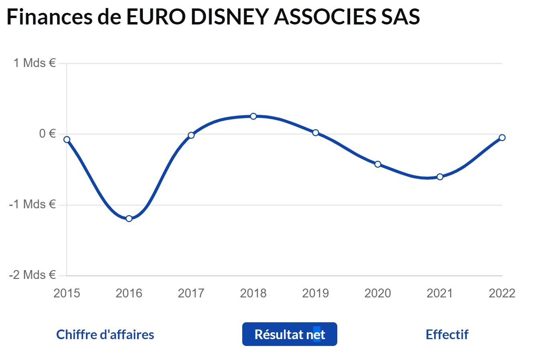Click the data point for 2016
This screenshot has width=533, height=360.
pos(129,218)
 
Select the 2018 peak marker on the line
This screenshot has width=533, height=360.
pos(253,116)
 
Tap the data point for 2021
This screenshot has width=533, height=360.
pos(440,177)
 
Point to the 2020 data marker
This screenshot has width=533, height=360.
pos(378,164)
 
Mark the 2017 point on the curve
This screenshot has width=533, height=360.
pos(191,135)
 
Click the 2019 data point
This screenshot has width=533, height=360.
pos(316,133)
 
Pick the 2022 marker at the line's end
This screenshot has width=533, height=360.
pos(502,138)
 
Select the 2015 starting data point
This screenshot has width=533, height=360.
pos(67,140)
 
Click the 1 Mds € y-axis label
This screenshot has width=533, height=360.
pos(34,63)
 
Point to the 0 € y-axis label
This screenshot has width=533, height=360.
pos(47,134)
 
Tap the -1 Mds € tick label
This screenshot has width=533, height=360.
pos(32,204)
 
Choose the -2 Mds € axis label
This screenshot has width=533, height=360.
pos(32,275)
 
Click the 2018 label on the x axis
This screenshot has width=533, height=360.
pos(253,293)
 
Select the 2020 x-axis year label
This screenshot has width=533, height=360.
pos(378,293)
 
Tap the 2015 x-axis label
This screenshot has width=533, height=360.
pos(67,293)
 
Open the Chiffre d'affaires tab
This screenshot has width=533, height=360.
pos(105,334)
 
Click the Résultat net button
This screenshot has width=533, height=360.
pos(290,334)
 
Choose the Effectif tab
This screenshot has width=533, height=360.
pos(447,334)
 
